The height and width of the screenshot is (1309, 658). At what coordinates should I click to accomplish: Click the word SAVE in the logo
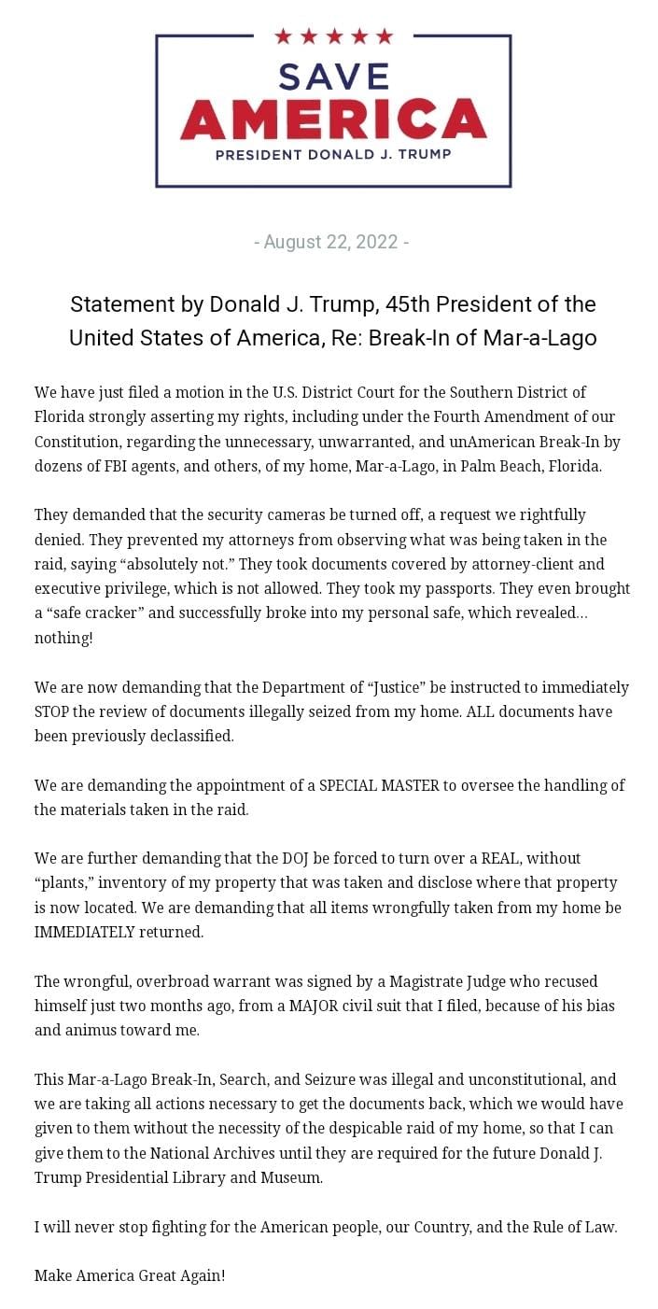(x=333, y=76)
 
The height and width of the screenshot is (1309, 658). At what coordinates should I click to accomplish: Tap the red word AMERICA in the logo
(x=333, y=119)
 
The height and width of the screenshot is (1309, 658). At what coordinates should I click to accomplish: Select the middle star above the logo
(x=333, y=36)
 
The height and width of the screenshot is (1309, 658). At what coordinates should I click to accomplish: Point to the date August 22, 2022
(x=331, y=243)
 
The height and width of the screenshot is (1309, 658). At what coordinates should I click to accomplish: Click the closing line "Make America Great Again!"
(x=130, y=1275)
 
